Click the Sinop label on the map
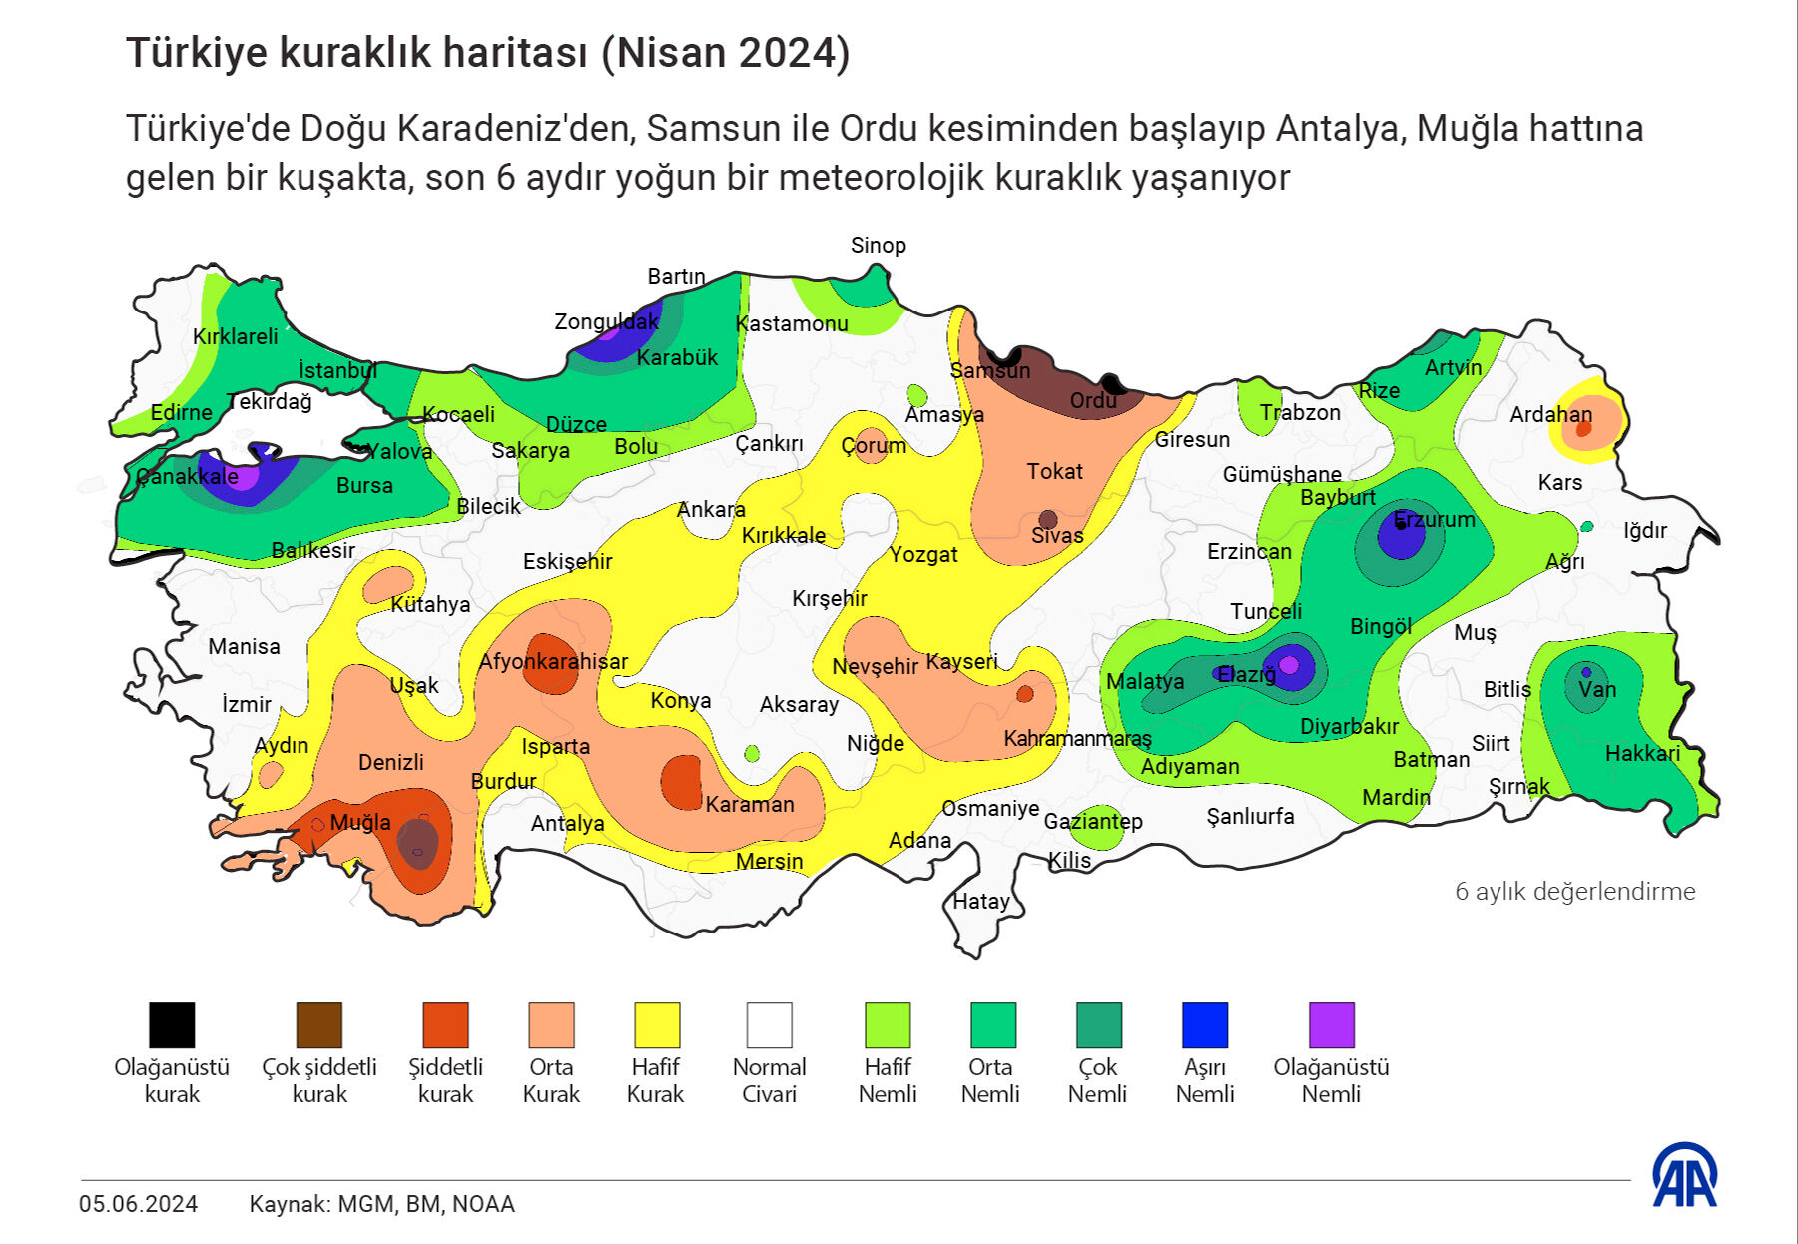coord(878,246)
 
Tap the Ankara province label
coord(711,510)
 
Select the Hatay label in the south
coord(980,902)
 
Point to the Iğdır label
coord(1644,531)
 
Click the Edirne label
coord(181,413)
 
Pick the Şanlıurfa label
coord(1250,817)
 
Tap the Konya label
coord(680,701)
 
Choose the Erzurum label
coord(1434,520)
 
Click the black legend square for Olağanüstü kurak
coord(172,1025)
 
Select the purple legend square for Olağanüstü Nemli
coord(1331,1025)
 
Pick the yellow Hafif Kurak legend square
coord(656,1025)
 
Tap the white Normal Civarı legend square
coord(769,1025)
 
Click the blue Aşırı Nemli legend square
coord(1204,1025)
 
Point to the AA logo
coord(1684,1175)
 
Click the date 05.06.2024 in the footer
coord(138,1204)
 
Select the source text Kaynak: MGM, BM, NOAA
coord(381,1204)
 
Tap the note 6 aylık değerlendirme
coord(1574,892)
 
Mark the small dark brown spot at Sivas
coord(1047,519)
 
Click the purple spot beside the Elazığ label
coord(1288,665)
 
